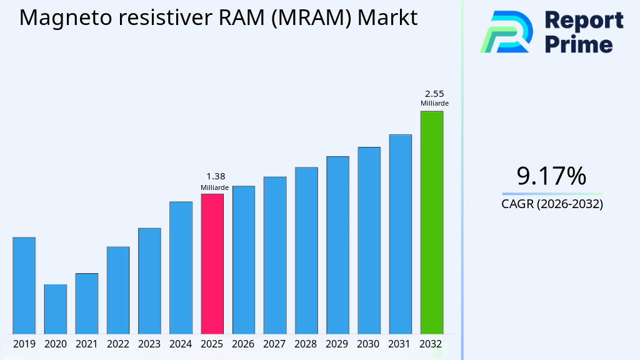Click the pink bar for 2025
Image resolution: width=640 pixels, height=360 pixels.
pyautogui.click(x=212, y=263)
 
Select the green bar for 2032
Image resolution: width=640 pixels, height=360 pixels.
pyautogui.click(x=431, y=222)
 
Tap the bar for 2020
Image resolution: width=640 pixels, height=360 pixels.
pyautogui.click(x=56, y=309)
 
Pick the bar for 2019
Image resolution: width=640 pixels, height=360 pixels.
pyautogui.click(x=24, y=285)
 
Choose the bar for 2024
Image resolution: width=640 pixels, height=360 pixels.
pyautogui.click(x=181, y=267)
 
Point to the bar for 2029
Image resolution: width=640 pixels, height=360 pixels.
pyautogui.click(x=337, y=244)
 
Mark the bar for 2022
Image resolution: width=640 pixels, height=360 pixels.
pyautogui.click(x=118, y=290)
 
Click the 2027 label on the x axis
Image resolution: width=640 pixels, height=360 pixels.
pyautogui.click(x=275, y=344)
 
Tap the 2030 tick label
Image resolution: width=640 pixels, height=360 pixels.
pyautogui.click(x=369, y=344)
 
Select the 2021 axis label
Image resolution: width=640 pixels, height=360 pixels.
pyautogui.click(x=87, y=344)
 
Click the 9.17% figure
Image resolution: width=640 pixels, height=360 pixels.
pyautogui.click(x=551, y=176)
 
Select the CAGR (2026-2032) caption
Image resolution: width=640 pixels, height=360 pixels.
pyautogui.click(x=552, y=204)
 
